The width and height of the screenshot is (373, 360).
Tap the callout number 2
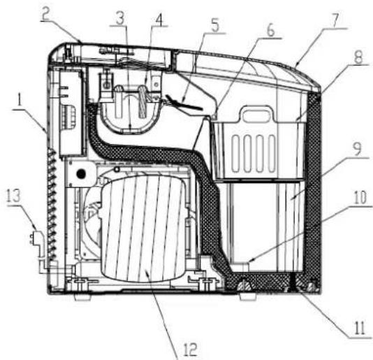coord(45,15)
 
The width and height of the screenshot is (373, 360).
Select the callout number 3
coord(120,19)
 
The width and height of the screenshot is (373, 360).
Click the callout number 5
coord(215,26)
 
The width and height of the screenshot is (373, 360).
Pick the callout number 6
coord(271,31)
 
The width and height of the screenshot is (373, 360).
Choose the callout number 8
coord(358,57)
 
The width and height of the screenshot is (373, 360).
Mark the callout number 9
coord(357,150)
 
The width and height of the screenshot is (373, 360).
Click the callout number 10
coord(360,197)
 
